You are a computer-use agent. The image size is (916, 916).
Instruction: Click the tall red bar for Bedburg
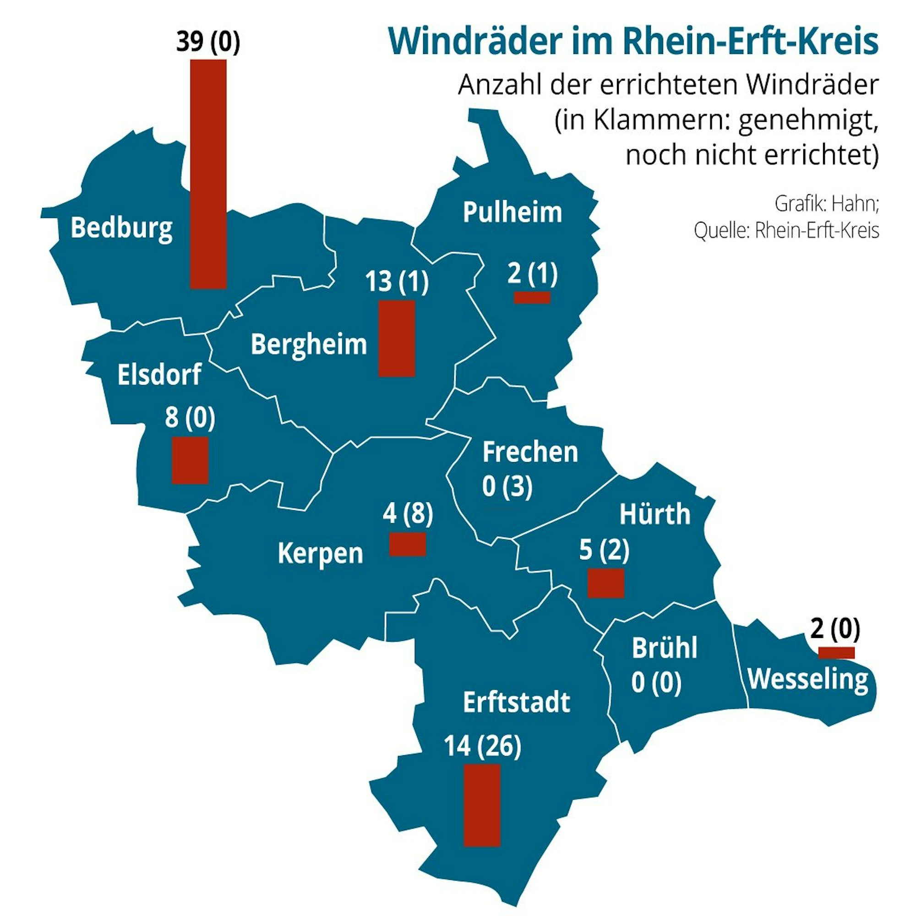208,174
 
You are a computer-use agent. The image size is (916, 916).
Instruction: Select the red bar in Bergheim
397,338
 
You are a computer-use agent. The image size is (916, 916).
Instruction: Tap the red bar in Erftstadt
482,805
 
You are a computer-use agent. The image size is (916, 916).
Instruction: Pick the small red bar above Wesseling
836,652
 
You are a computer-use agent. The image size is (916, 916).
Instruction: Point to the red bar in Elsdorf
190,460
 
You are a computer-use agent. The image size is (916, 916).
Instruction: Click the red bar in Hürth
605,583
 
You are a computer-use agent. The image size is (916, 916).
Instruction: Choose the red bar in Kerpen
407,544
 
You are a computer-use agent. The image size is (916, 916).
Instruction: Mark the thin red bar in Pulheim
532,297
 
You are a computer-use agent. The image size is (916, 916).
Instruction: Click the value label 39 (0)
208,43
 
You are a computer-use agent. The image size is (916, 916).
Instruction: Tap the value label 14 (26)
482,746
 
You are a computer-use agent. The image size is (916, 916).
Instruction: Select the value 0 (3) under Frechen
507,487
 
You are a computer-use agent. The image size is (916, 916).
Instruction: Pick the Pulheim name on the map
512,212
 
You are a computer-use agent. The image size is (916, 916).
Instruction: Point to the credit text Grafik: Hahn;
827,203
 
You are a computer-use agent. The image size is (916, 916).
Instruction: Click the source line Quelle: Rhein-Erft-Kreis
786,231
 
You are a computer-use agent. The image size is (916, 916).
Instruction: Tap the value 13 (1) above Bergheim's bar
397,281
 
